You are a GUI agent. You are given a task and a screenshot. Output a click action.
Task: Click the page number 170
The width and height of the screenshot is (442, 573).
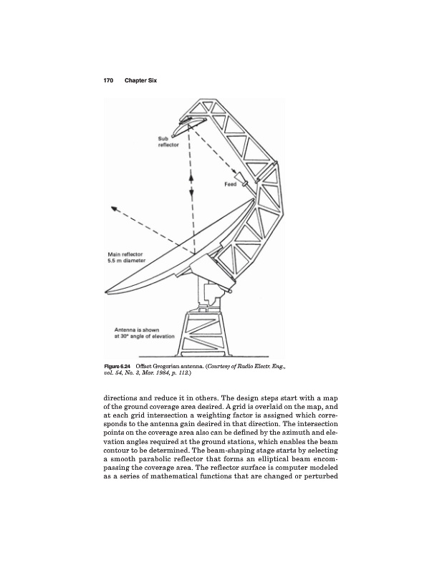[109, 80]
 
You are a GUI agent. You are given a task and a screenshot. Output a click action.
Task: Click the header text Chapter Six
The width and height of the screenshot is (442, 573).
[140, 80]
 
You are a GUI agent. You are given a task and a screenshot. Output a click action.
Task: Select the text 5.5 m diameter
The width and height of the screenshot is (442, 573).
[126, 261]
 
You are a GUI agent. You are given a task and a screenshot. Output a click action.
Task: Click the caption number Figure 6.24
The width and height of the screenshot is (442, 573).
[120, 368]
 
